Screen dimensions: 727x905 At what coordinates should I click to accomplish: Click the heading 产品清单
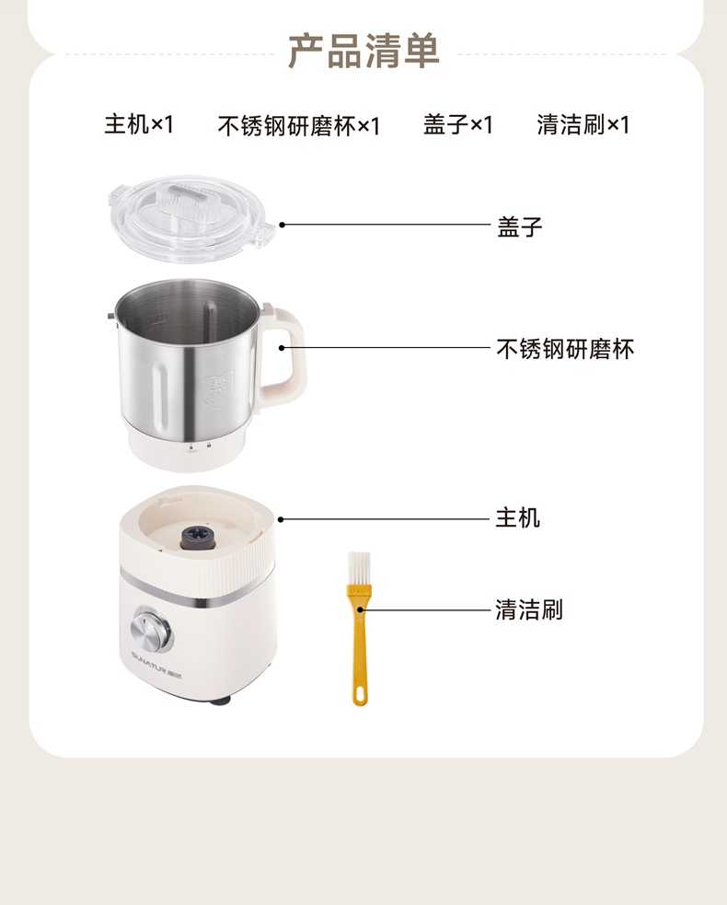click(363, 52)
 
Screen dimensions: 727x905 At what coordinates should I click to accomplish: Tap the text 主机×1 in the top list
click(138, 124)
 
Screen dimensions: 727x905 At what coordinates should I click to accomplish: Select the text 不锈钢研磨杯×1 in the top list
click(299, 126)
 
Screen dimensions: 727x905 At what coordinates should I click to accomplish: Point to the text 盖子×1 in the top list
click(458, 124)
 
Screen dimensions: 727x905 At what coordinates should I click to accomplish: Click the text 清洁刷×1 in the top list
click(583, 124)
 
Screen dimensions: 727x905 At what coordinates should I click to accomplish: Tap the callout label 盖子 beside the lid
click(520, 226)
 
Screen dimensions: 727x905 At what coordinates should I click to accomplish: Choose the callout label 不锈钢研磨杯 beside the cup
click(565, 349)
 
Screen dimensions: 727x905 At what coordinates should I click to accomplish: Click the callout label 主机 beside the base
click(518, 517)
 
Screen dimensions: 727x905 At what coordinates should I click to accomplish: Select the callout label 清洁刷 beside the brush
click(529, 609)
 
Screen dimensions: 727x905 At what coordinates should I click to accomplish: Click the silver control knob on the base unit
click(152, 628)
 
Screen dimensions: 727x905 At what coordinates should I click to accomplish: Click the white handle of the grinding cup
click(283, 352)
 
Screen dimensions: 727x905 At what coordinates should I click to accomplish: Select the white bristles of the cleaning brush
click(358, 569)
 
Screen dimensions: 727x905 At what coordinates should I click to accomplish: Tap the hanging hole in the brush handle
click(360, 692)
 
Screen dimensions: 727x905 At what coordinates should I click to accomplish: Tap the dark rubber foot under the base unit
click(219, 700)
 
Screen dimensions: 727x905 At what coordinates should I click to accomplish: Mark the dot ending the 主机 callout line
click(281, 519)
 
